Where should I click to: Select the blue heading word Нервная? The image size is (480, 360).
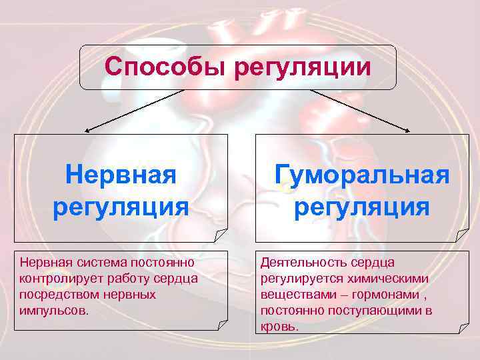pyautogui.click(x=121, y=175)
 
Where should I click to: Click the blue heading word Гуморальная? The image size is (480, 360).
pyautogui.click(x=363, y=175)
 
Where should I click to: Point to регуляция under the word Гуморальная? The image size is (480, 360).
pyautogui.click(x=362, y=207)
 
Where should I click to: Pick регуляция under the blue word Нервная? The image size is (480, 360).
pyautogui.click(x=121, y=207)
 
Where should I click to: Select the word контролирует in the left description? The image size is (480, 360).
pyautogui.click(x=58, y=278)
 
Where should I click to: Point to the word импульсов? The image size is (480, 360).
pyautogui.click(x=53, y=310)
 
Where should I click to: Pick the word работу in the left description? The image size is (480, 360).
pyautogui.click(x=124, y=278)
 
